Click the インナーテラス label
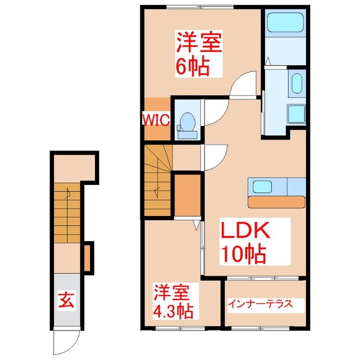[260, 304]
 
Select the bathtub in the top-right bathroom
[285, 25]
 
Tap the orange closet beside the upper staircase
[187, 193]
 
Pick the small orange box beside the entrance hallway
[87, 256]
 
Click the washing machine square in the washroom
[296, 113]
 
